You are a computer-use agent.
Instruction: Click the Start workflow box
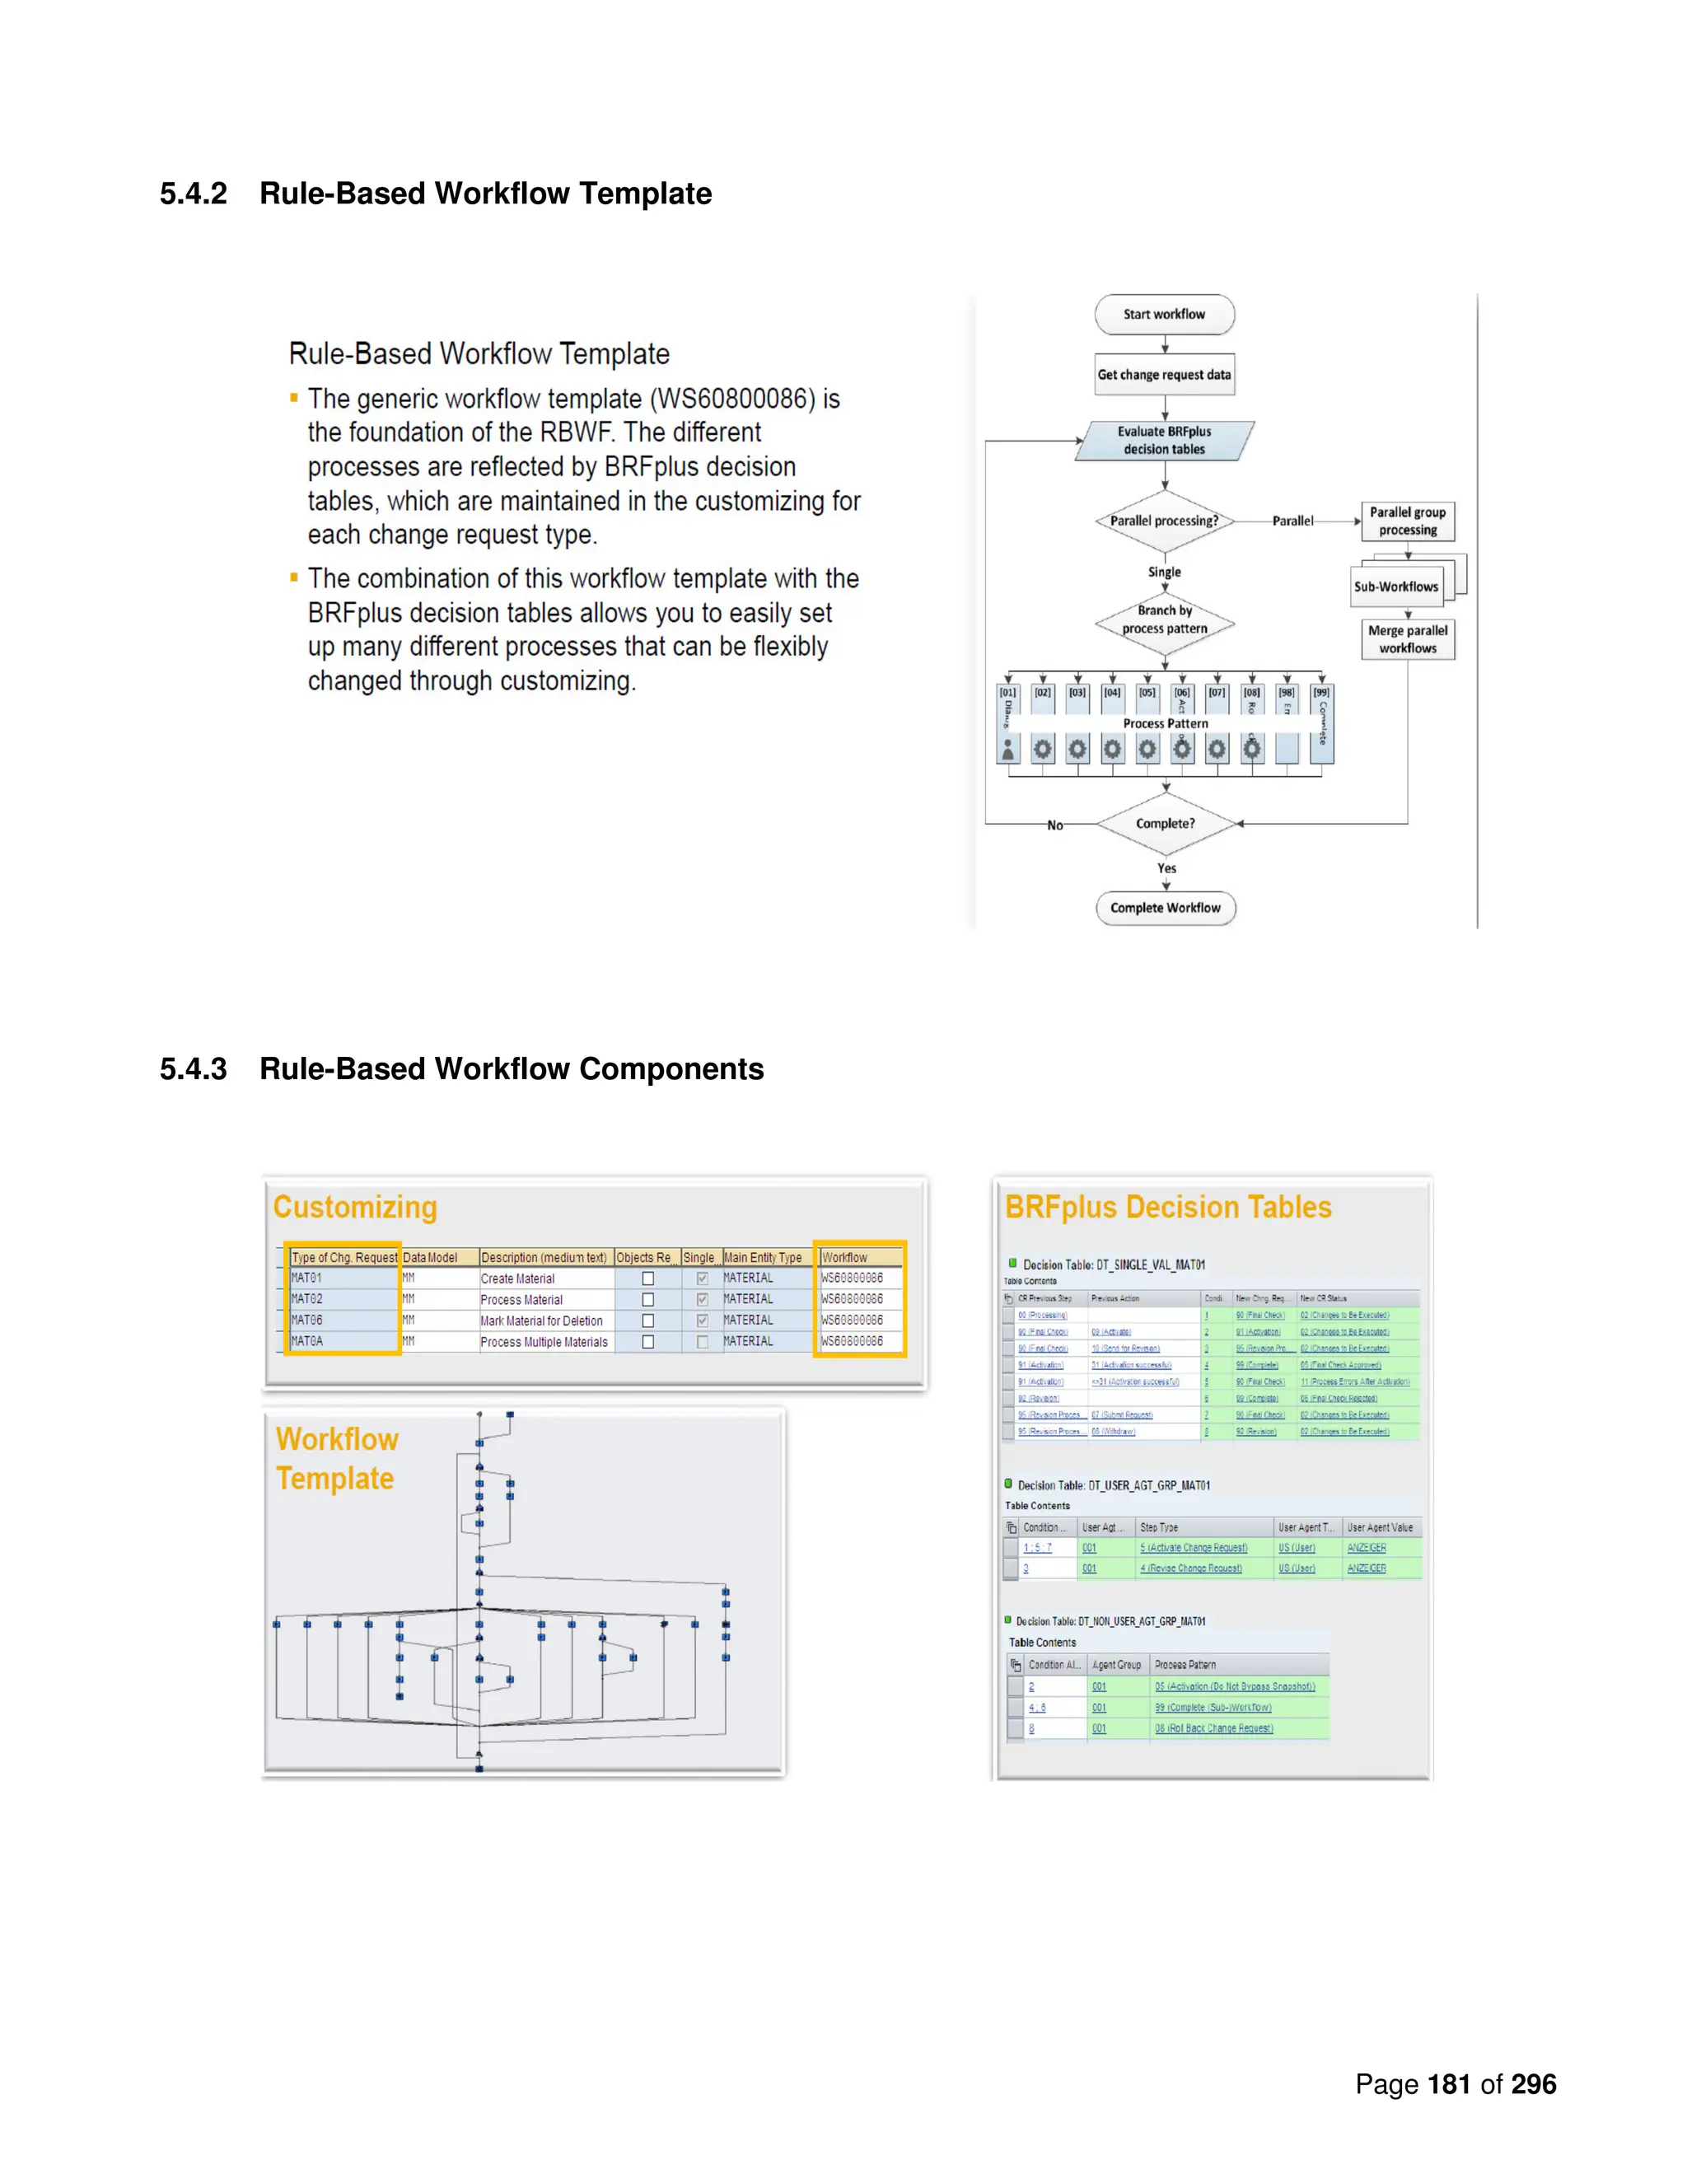pos(1164,314)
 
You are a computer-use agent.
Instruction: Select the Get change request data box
pos(1164,375)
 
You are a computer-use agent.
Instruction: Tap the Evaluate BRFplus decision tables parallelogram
pos(1164,441)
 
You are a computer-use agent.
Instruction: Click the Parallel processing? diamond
pos(1164,521)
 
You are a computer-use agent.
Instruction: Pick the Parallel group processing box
pos(1407,521)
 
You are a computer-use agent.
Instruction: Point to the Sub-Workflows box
pos(1396,587)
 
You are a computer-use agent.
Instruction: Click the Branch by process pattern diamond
pos(1164,619)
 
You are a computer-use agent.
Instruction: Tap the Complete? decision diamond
pos(1166,824)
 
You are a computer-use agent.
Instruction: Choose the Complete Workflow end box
pos(1166,908)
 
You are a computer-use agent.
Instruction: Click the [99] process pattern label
pos(1321,693)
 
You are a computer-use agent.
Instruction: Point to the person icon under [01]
pos(1008,749)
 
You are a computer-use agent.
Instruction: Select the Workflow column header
pos(844,1257)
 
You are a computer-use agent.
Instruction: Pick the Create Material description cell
pos(517,1278)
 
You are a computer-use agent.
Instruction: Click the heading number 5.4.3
pos(194,1069)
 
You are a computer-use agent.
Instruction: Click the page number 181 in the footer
pos(1448,2084)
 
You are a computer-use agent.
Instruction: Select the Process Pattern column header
pos(1185,1665)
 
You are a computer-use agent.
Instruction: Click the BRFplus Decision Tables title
pos(1168,1208)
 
